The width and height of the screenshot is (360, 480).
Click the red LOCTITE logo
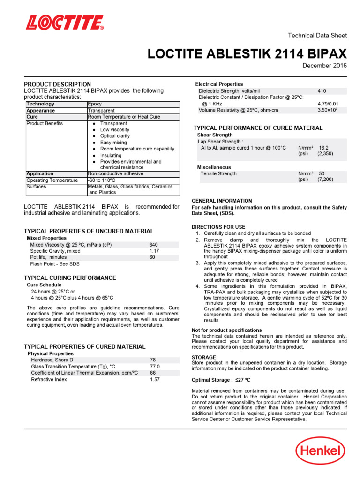(65, 22)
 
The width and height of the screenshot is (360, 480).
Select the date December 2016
(325, 66)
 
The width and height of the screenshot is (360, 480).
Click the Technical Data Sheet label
(317, 36)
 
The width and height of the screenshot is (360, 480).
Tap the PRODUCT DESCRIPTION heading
(57, 84)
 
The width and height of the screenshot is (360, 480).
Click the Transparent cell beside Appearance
(101, 111)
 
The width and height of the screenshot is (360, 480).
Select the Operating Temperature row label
(52, 180)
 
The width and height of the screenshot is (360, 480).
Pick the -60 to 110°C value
(102, 180)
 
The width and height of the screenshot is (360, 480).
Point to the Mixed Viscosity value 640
(154, 245)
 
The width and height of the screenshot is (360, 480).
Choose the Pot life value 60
(152, 257)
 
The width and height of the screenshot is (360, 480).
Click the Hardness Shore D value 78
(153, 360)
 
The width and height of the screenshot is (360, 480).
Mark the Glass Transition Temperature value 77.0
(155, 367)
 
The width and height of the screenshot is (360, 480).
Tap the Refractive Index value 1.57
(155, 380)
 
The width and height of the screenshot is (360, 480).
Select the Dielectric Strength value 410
(322, 91)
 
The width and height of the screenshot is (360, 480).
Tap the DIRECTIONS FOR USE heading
(218, 227)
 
